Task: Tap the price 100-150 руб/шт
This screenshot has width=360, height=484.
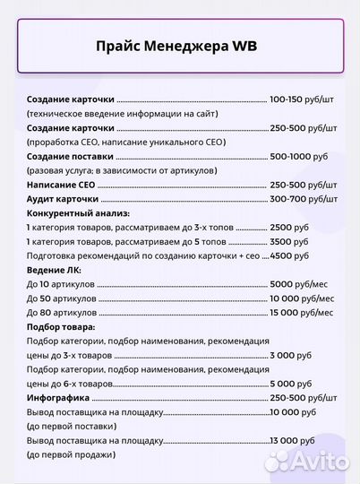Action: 304,99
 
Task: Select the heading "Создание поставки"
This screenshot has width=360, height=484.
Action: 70,156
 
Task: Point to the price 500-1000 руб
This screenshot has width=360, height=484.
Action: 298,156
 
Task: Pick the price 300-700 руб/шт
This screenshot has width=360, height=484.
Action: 304,198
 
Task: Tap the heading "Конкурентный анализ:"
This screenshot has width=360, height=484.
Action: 78,213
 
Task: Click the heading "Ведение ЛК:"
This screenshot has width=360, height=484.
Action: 55,270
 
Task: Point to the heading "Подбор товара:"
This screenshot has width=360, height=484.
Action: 61,326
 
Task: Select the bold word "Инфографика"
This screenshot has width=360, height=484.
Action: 58,397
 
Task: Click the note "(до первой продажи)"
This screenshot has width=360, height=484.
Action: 72,454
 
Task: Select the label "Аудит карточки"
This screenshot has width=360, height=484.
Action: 63,198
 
